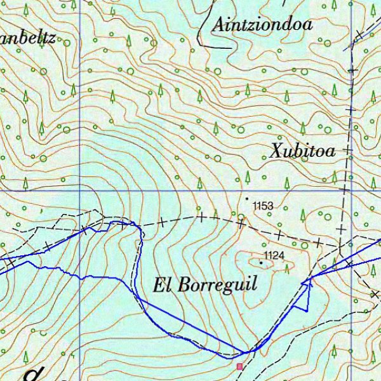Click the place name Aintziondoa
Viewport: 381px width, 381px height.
point(263,25)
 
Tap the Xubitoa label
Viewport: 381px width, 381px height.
point(302,151)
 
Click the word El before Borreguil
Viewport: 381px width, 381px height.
point(162,284)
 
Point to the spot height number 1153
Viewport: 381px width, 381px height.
point(262,206)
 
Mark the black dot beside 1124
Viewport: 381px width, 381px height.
point(260,261)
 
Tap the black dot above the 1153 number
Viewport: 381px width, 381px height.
point(248,198)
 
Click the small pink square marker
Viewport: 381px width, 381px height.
point(239,366)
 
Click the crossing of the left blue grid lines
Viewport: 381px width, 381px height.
point(80,190)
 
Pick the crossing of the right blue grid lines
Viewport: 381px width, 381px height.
point(351,190)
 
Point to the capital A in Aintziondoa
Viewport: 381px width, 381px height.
point(220,25)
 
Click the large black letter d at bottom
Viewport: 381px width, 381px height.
point(32,375)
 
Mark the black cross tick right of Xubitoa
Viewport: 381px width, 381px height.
point(347,150)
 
